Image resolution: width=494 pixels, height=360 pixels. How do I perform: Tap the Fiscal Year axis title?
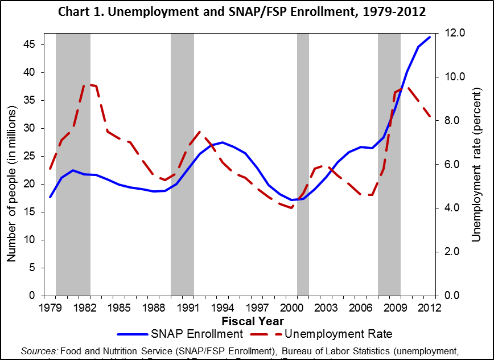pos(246,321)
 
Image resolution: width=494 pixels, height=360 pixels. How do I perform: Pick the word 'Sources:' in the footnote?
pos(39,349)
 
